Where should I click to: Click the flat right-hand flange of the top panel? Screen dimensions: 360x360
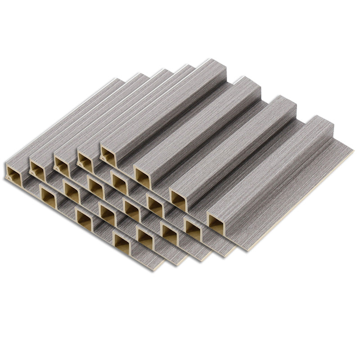[x=297, y=189]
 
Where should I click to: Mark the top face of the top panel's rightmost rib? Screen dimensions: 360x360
[x=270, y=166]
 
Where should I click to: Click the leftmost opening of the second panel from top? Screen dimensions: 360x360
[x=85, y=162]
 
